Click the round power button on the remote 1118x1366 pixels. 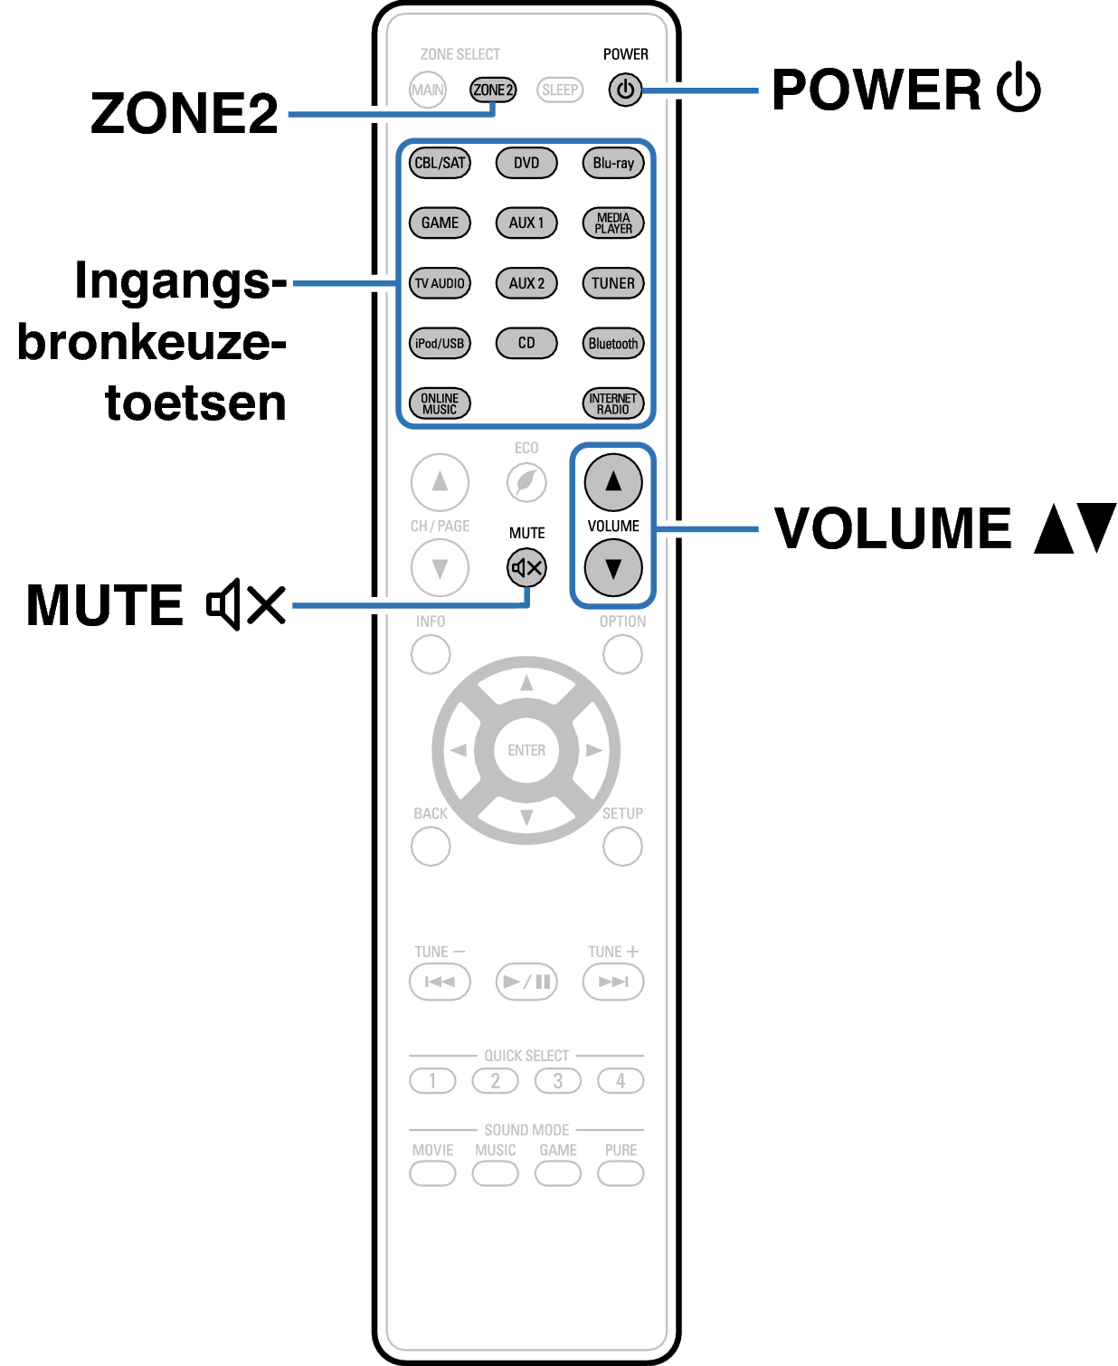(625, 90)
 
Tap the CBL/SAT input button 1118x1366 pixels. (440, 163)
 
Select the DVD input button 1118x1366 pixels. (526, 163)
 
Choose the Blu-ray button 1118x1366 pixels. (613, 163)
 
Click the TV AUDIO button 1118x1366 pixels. (440, 283)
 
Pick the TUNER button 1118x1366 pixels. (613, 283)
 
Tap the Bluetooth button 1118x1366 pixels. (613, 343)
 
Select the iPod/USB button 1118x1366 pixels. (440, 343)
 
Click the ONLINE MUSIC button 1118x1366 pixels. (440, 403)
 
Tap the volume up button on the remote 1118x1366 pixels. (613, 482)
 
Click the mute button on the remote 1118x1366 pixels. (526, 568)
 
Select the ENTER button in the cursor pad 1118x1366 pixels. (526, 750)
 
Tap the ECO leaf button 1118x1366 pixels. (526, 482)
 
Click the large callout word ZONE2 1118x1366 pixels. (185, 113)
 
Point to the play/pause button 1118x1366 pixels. (526, 982)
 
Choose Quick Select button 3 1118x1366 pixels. (558, 1081)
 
